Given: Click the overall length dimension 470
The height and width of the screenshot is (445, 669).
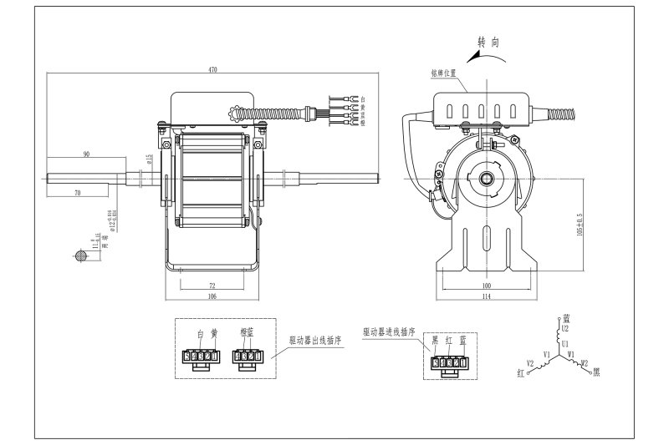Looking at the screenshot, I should pyautogui.click(x=212, y=71).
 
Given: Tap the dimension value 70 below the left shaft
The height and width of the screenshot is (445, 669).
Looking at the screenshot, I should pyautogui.click(x=77, y=194).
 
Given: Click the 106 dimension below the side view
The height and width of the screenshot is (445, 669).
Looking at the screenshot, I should pyautogui.click(x=212, y=296).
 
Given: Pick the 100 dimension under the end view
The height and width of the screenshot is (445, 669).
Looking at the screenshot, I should pyautogui.click(x=488, y=286).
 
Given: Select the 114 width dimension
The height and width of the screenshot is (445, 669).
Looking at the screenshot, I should pyautogui.click(x=488, y=296).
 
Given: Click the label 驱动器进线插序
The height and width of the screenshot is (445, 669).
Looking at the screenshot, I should pyautogui.click(x=388, y=331).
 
